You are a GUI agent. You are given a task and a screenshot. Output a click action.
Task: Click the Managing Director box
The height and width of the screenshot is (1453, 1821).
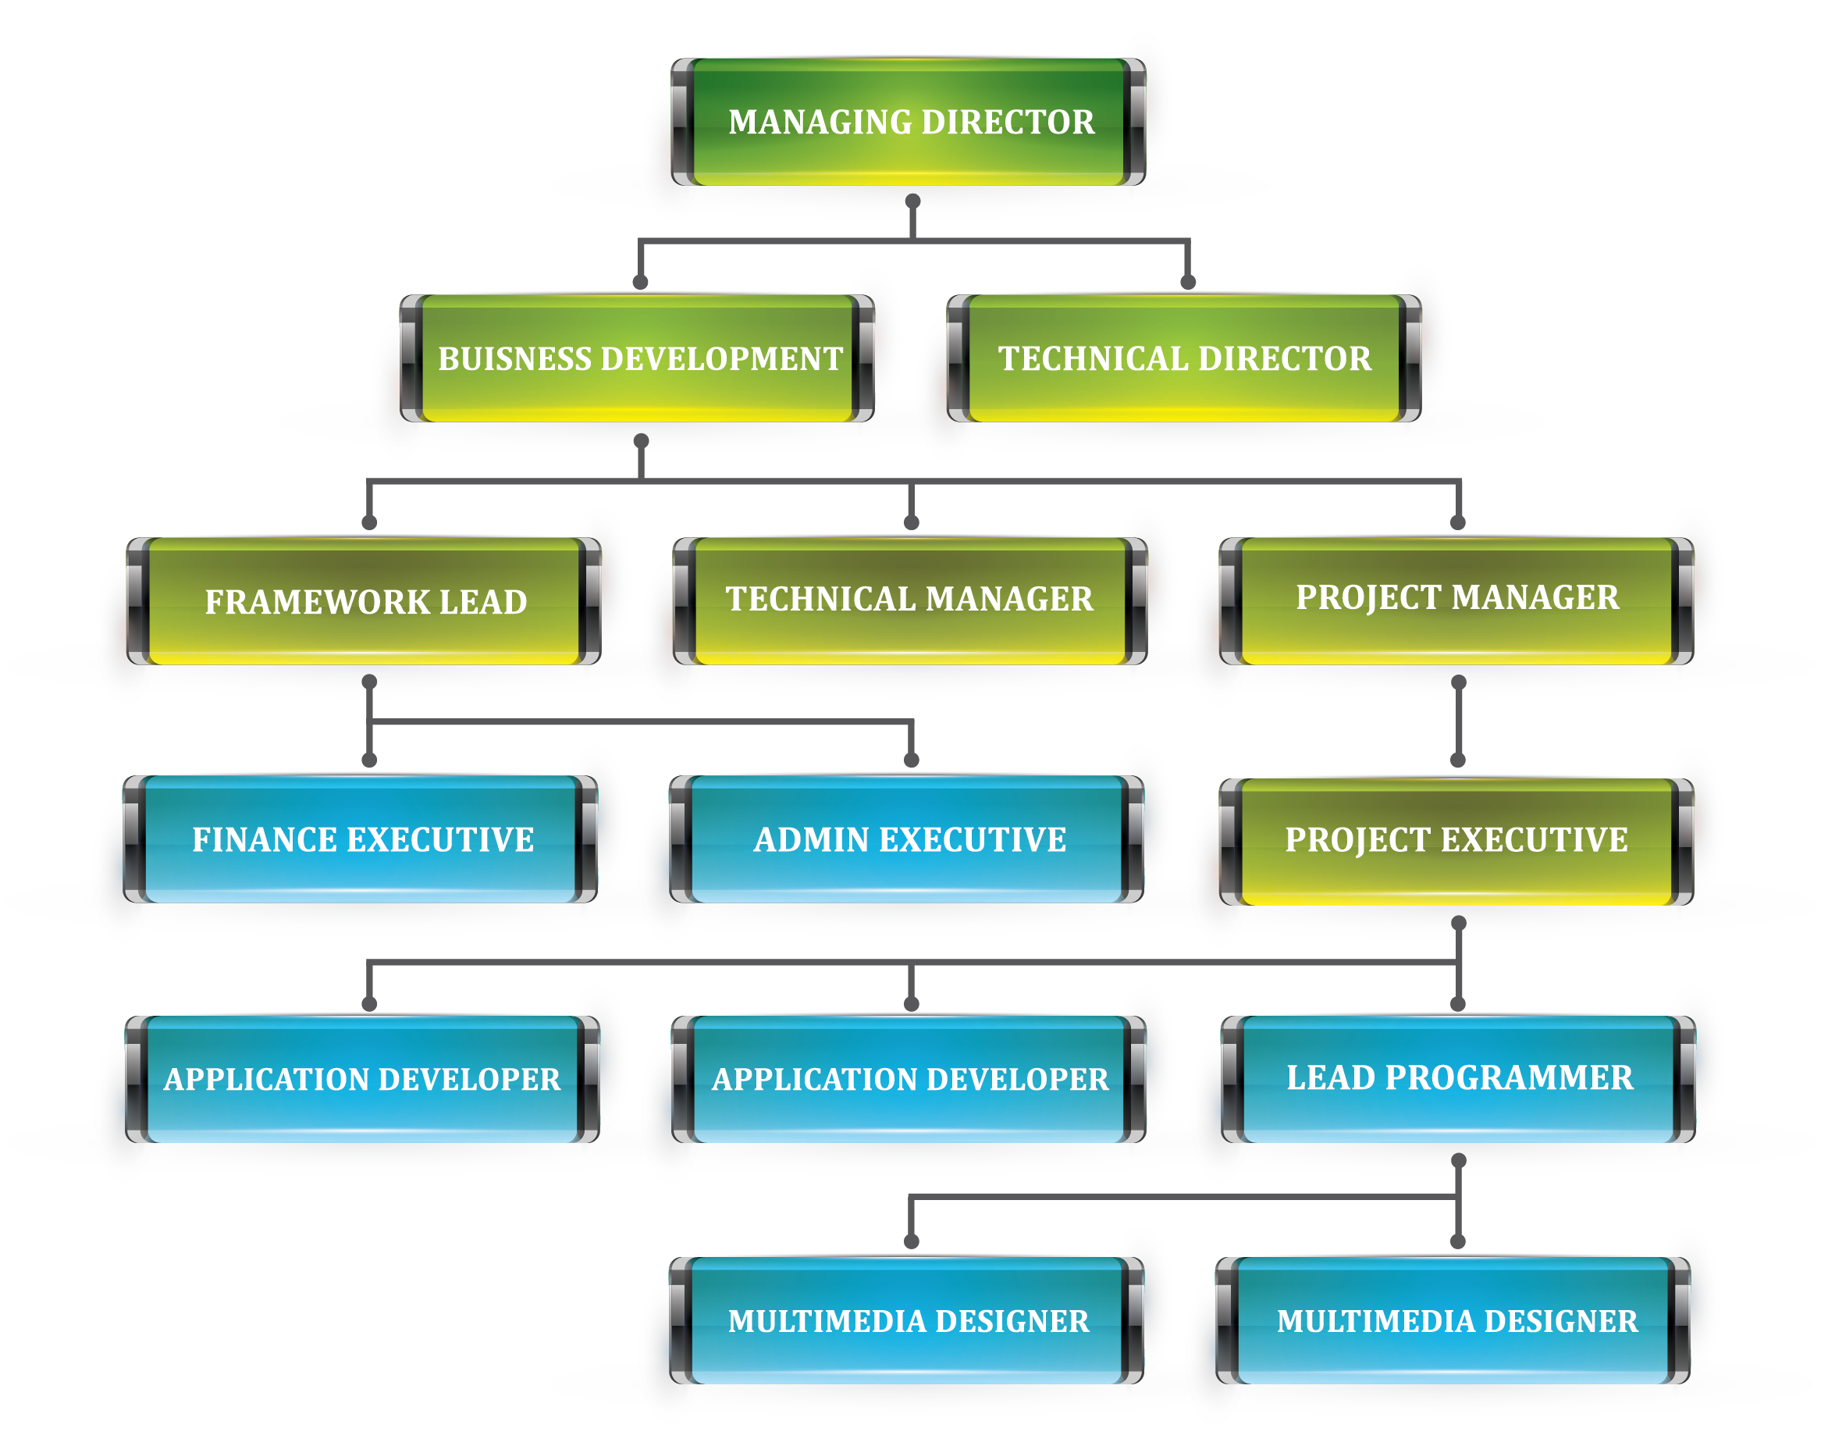point(910,122)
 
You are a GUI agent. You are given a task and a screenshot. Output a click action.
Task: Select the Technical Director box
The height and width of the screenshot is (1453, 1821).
point(1184,358)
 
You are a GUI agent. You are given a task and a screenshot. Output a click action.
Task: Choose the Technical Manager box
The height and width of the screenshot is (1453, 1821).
point(909,599)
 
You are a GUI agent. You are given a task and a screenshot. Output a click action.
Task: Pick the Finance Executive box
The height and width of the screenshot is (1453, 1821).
point(362,839)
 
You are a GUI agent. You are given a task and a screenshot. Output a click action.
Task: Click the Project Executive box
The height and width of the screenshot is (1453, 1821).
point(1456,839)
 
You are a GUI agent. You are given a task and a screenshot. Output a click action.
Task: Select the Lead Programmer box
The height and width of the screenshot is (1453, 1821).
point(1459,1078)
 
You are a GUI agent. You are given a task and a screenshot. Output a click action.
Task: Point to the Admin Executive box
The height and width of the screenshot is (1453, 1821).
point(909,839)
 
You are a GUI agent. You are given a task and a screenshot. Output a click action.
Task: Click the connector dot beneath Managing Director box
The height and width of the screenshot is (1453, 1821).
point(912,201)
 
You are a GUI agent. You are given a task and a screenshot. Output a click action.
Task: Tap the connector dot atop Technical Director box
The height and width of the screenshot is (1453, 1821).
point(1187,282)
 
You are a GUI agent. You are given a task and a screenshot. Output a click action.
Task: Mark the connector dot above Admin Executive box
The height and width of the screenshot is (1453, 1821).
point(910,760)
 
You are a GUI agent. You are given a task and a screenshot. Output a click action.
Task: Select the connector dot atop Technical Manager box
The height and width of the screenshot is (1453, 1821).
point(910,522)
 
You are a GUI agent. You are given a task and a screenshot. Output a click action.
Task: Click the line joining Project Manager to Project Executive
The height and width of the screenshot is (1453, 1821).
point(1458,721)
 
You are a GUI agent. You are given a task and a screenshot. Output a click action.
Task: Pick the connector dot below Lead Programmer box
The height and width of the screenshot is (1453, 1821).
point(1458,1161)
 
